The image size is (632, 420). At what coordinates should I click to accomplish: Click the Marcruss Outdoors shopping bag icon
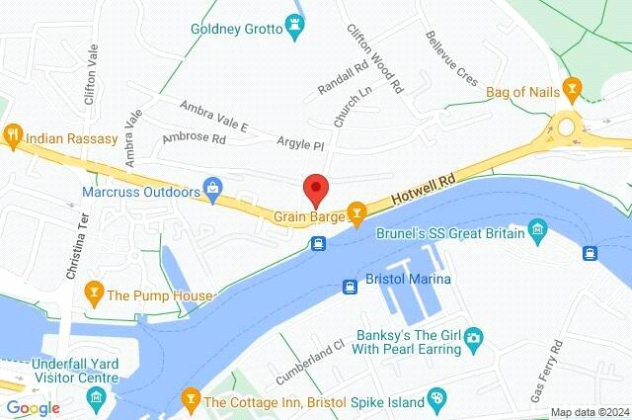[x=212, y=187]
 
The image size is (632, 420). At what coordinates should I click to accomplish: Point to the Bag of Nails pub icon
[x=571, y=92]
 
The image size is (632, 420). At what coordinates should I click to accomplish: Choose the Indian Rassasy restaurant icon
[x=13, y=135]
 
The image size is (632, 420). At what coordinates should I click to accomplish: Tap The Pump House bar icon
[x=94, y=294]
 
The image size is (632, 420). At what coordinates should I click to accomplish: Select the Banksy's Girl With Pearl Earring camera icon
[x=473, y=339]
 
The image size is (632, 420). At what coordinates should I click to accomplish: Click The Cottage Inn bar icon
[x=191, y=400]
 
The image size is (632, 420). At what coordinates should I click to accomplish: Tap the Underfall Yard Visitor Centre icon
[x=97, y=397]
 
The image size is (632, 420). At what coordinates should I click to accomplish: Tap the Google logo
[x=32, y=408]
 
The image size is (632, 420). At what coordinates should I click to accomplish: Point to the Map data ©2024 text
[x=589, y=412]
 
